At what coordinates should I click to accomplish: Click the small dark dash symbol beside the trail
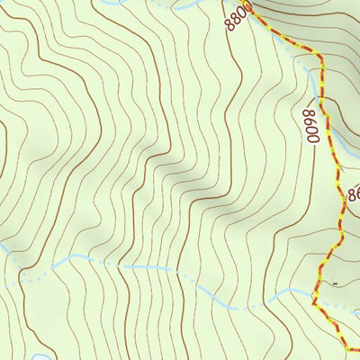[x=335, y=283]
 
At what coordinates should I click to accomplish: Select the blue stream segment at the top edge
[x=184, y=4]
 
